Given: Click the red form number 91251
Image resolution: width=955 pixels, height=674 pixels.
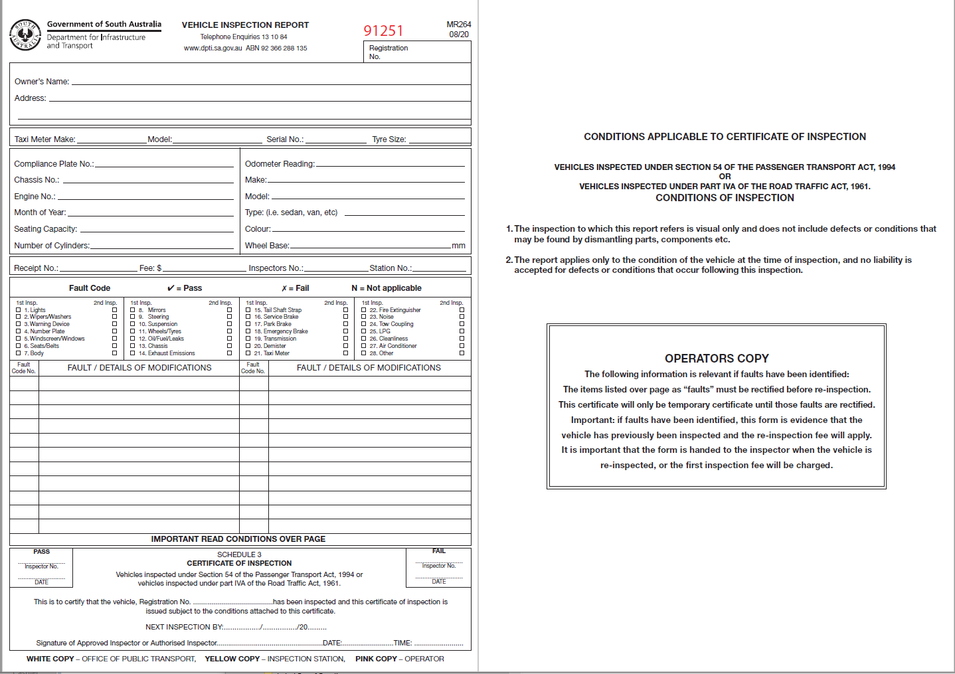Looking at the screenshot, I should click(x=383, y=31).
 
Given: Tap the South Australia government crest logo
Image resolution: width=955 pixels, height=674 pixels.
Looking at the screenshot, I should click(x=25, y=35).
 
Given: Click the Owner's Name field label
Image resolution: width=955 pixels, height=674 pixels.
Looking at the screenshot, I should click(x=42, y=82).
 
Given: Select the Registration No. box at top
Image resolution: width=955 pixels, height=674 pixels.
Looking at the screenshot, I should click(x=417, y=52).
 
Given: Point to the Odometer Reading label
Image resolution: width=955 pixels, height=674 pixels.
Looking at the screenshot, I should click(x=280, y=164).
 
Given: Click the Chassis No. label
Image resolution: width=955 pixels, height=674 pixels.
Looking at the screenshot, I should click(x=37, y=180).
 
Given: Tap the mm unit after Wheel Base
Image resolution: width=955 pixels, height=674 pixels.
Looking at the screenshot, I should click(x=458, y=246).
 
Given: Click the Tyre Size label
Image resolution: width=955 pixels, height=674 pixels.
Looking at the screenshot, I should click(x=389, y=139).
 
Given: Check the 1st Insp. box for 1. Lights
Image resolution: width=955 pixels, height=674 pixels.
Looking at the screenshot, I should click(x=18, y=310).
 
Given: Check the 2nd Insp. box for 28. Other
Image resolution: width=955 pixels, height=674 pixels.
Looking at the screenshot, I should click(x=462, y=353).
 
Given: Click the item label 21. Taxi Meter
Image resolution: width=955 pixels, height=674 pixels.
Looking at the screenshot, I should click(x=272, y=353).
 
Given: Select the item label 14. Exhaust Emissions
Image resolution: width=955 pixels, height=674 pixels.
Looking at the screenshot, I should click(x=167, y=353).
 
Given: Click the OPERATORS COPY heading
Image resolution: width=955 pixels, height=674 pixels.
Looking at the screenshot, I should click(x=717, y=359).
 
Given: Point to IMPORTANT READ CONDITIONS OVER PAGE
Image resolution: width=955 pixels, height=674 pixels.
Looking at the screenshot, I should click(x=238, y=539).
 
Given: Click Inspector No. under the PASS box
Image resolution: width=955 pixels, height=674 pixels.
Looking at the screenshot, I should click(x=41, y=566).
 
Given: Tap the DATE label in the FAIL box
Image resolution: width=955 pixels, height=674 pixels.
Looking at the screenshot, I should click(x=439, y=582).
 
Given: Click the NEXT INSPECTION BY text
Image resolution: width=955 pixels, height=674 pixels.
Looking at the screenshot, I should click(x=184, y=627).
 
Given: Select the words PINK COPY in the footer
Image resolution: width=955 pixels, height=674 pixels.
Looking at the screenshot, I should click(x=376, y=659).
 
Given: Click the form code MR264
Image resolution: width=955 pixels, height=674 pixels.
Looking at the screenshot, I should click(x=458, y=25).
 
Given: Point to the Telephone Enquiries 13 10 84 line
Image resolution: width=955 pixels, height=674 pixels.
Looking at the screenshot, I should click(x=244, y=37).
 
